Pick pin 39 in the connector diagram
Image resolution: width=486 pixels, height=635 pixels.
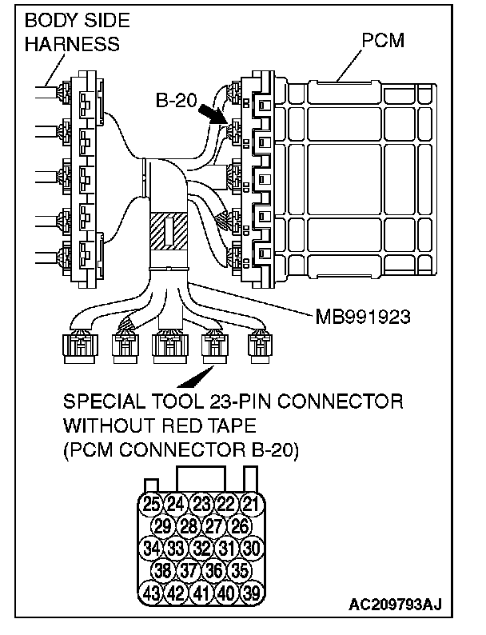pos(252,593)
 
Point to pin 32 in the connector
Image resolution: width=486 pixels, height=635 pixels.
pos(201,549)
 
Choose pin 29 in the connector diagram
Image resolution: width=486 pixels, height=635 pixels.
pos(164,525)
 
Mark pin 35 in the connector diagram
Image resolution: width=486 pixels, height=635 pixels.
pos(239,571)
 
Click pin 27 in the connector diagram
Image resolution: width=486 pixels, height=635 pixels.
pos(214,525)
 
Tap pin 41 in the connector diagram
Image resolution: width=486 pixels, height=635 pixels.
pos(201,593)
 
